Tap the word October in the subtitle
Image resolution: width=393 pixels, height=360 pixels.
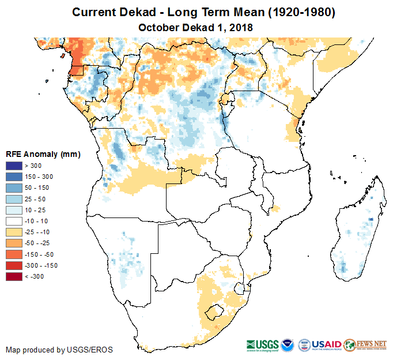click(x=158, y=27)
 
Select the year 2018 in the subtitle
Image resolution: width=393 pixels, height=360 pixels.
click(x=241, y=27)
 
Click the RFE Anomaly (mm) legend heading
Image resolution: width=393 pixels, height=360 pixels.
click(x=43, y=154)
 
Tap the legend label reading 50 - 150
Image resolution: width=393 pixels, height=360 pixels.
click(x=36, y=187)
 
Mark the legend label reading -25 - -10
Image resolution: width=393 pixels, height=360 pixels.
click(x=37, y=232)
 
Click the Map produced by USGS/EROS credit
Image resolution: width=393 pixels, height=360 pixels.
click(x=59, y=350)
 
